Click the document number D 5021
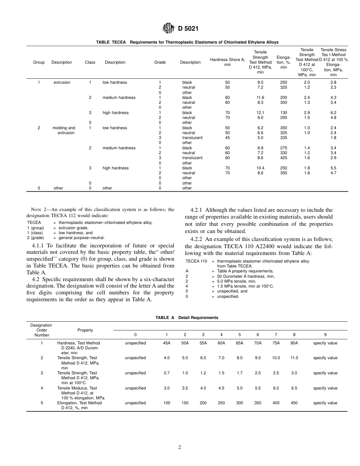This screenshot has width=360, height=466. pos(188,28)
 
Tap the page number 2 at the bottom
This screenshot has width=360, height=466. pos(180,447)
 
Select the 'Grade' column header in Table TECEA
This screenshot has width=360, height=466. pos(160,63)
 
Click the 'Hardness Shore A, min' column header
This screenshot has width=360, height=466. pos(227,62)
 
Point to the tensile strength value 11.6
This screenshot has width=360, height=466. pos(260,98)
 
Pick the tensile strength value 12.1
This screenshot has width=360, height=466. pos(260,113)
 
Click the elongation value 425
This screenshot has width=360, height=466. pos(283,158)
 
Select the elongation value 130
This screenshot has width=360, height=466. pos(283,113)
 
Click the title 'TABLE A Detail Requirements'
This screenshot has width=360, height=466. pos(187,318)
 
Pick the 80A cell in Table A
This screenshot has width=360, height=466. pos(294,343)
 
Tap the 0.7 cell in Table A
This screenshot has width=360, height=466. pos(167,373)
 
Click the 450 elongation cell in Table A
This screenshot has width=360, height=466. pos(294,403)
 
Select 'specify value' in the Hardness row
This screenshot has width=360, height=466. pos(325,343)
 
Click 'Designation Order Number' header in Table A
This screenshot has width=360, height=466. pos(42,330)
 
